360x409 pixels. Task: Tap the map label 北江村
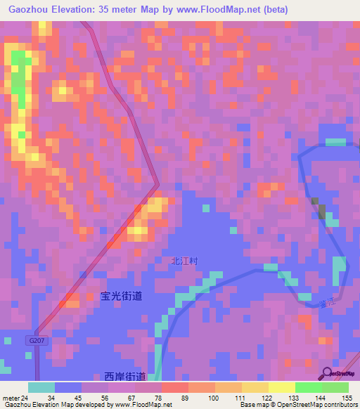tap(185, 261)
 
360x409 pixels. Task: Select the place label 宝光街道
tap(121, 297)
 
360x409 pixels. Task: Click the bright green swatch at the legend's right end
tap(335, 387)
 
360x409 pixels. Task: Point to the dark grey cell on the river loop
tap(320, 209)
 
